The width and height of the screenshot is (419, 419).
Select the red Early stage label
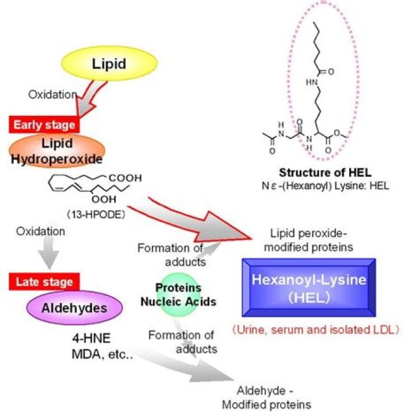pyautogui.click(x=44, y=124)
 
